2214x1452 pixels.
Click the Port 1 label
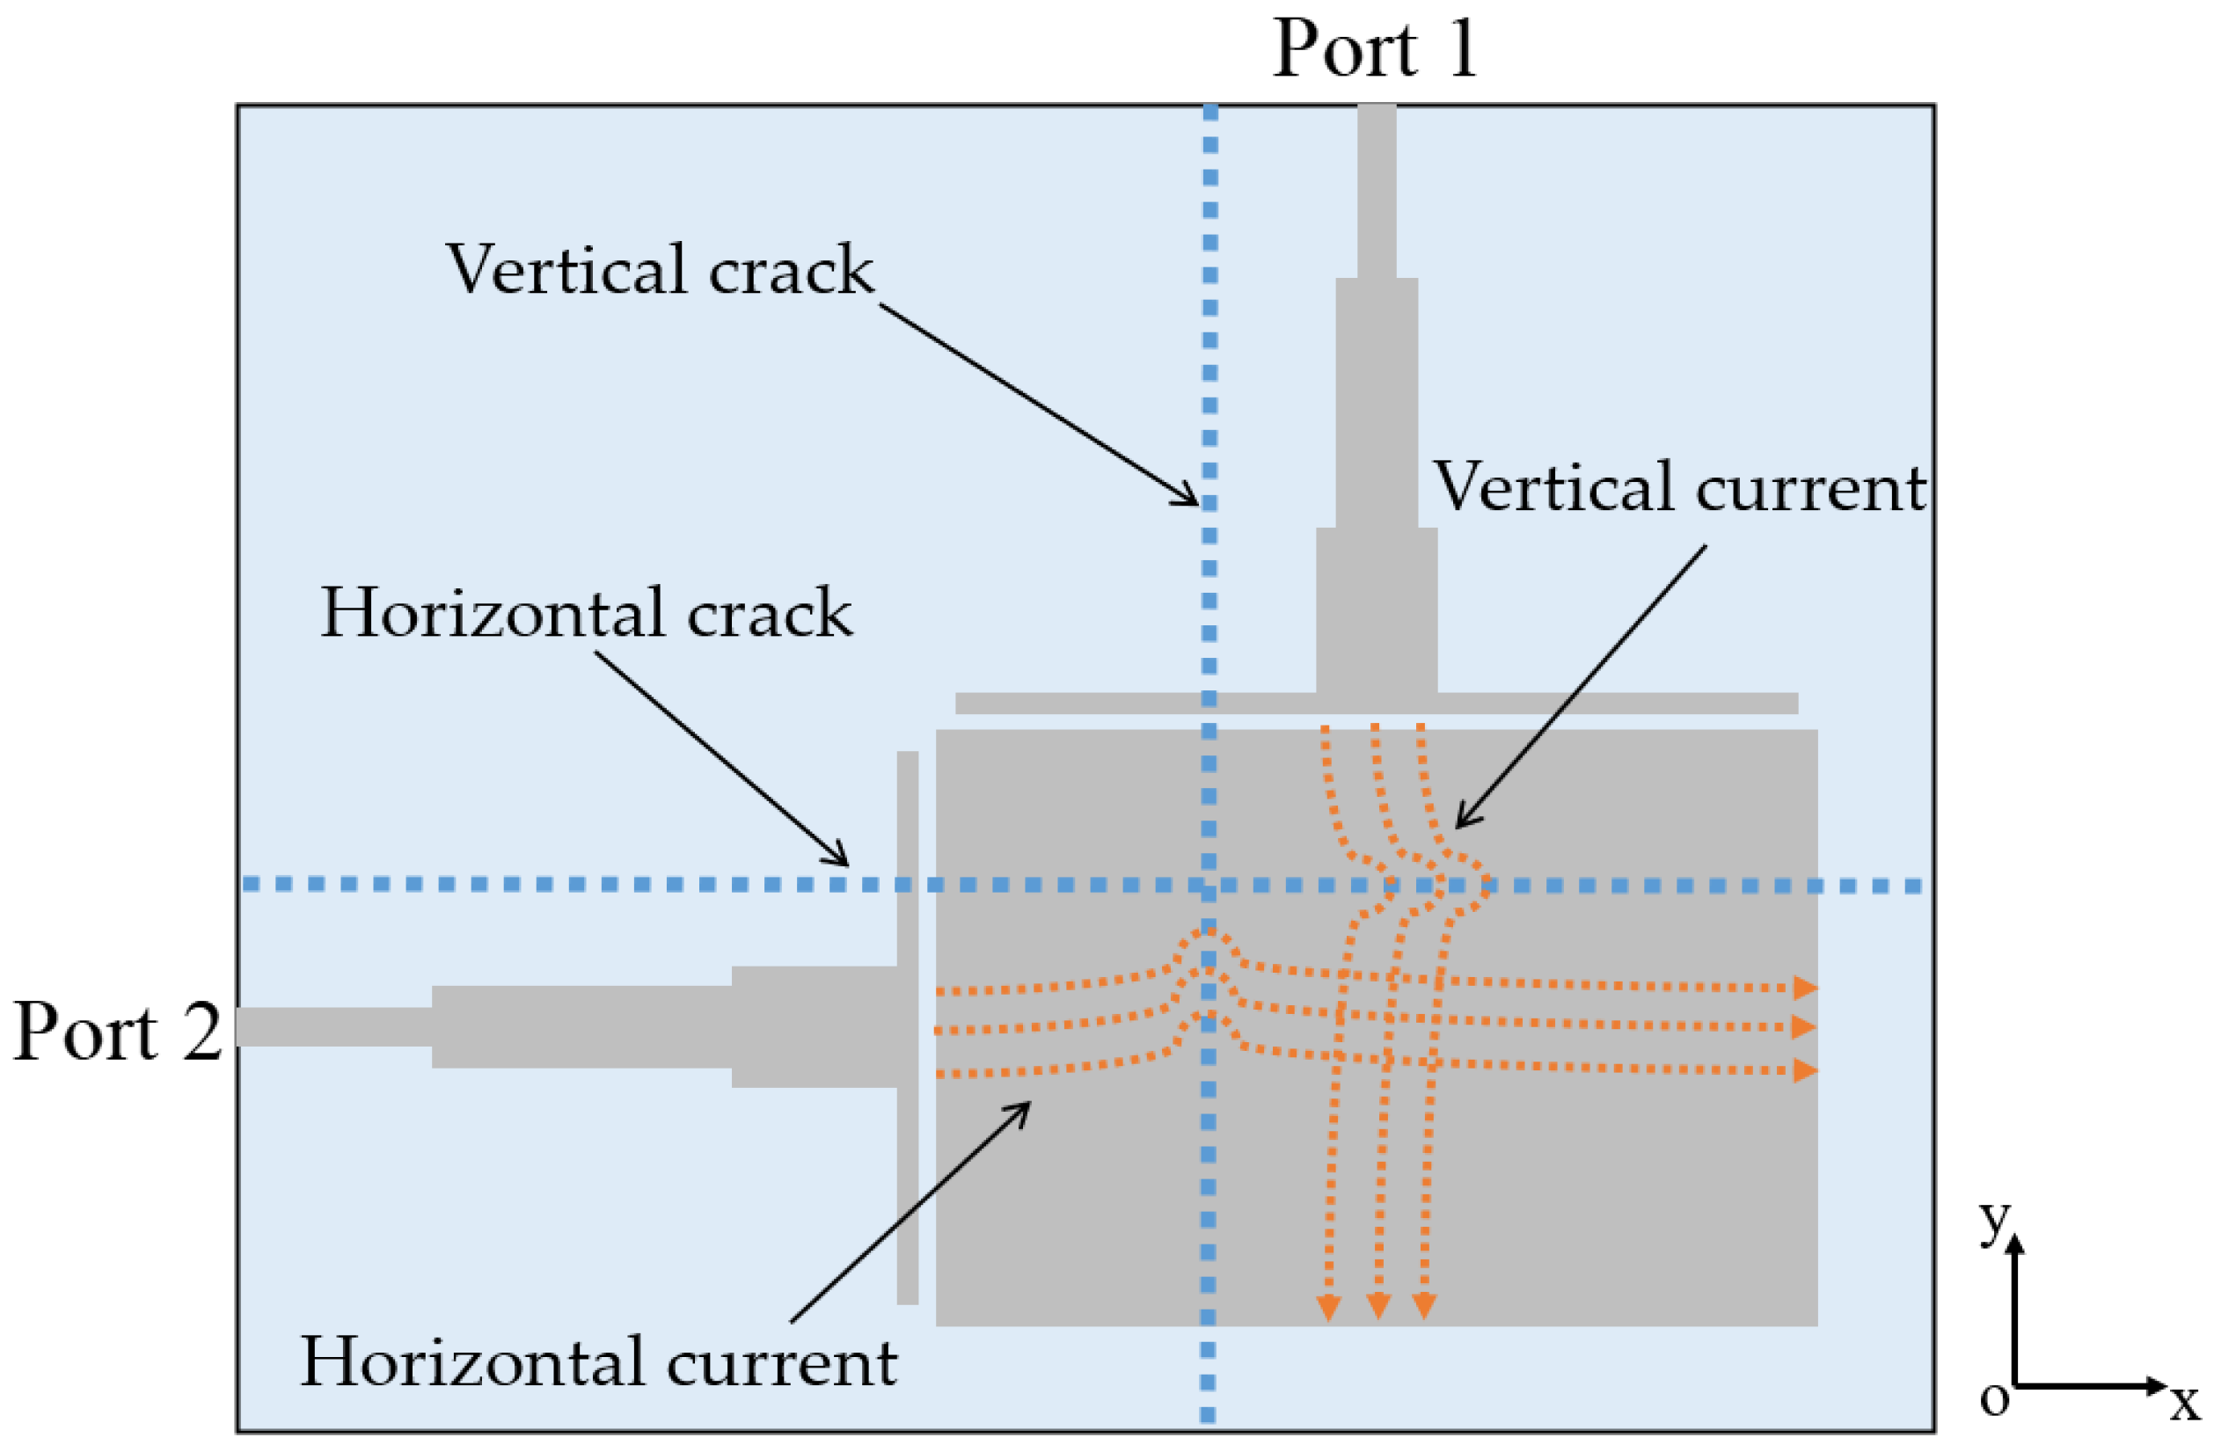1374,48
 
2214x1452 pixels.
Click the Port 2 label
118,1032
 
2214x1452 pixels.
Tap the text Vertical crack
660,271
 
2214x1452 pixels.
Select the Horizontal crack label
586,614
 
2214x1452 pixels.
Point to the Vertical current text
1679,487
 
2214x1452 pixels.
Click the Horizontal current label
598,1362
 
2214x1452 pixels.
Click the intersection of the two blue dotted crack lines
1209,885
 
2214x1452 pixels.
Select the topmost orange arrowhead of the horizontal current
1805,988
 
